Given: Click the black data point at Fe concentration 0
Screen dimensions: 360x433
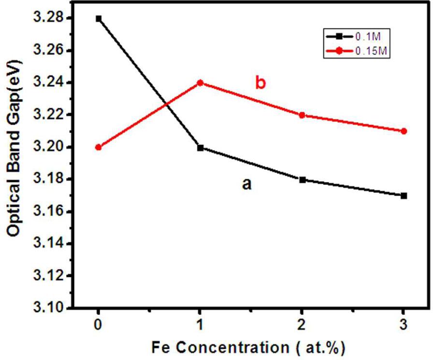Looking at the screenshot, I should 99,18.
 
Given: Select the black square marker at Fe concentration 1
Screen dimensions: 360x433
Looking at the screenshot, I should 200,147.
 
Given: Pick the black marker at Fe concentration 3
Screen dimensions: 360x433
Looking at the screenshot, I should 404,196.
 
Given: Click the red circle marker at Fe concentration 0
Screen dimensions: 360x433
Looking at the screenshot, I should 99,147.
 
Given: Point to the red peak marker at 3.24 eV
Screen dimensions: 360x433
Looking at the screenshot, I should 200,83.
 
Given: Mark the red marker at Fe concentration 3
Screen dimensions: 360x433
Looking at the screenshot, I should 404,131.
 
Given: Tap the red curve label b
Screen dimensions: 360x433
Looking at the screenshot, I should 260,83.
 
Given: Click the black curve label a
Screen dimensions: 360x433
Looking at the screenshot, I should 247,184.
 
